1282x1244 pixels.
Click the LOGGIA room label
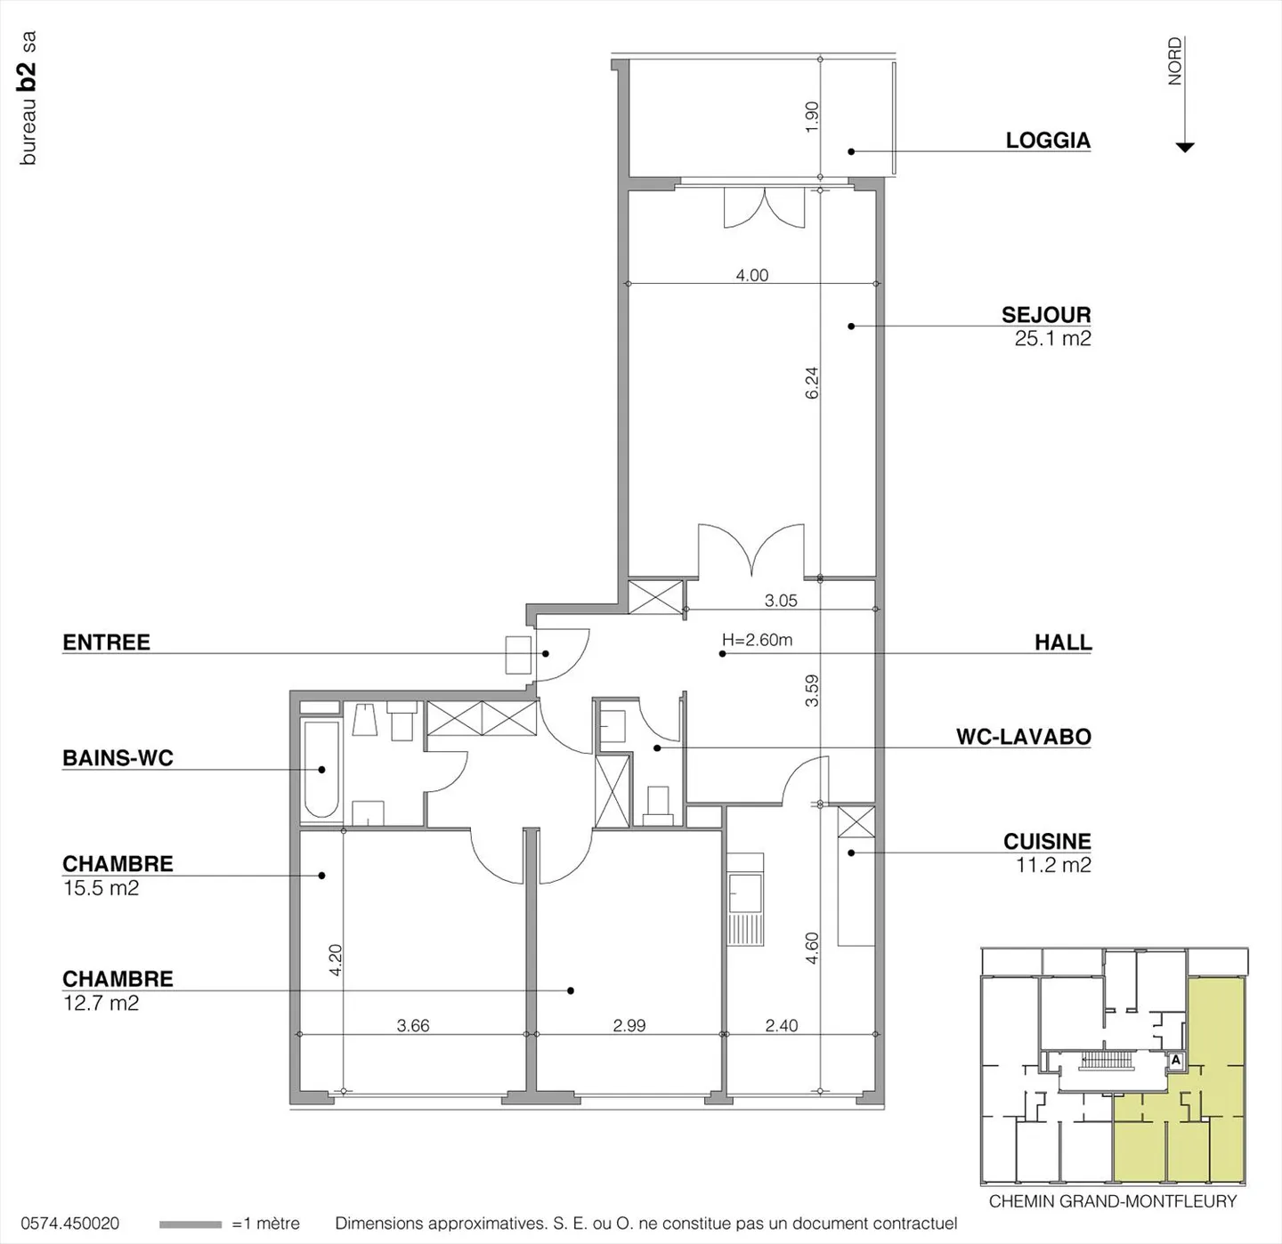point(1048,141)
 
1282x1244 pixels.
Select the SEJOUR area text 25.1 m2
point(1052,338)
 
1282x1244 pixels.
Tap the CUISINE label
point(1047,842)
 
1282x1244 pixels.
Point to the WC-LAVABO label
point(1024,737)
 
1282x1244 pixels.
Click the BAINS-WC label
point(118,758)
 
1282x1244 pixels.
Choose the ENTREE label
point(106,642)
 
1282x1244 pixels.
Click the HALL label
point(1063,642)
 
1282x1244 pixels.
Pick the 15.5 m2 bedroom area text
point(101,888)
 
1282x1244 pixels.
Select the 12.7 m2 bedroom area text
point(101,1003)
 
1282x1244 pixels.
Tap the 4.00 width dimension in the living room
point(751,275)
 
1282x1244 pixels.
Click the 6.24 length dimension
point(812,383)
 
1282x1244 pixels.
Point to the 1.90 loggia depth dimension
point(812,117)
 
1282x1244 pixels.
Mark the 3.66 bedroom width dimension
point(413,1025)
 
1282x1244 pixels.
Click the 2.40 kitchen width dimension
point(782,1025)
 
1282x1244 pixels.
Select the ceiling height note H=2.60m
point(757,640)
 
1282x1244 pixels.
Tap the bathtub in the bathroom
point(321,769)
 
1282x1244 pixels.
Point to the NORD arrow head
point(1184,148)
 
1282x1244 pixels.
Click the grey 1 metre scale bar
point(191,1224)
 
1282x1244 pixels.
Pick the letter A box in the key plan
point(1175,1061)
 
